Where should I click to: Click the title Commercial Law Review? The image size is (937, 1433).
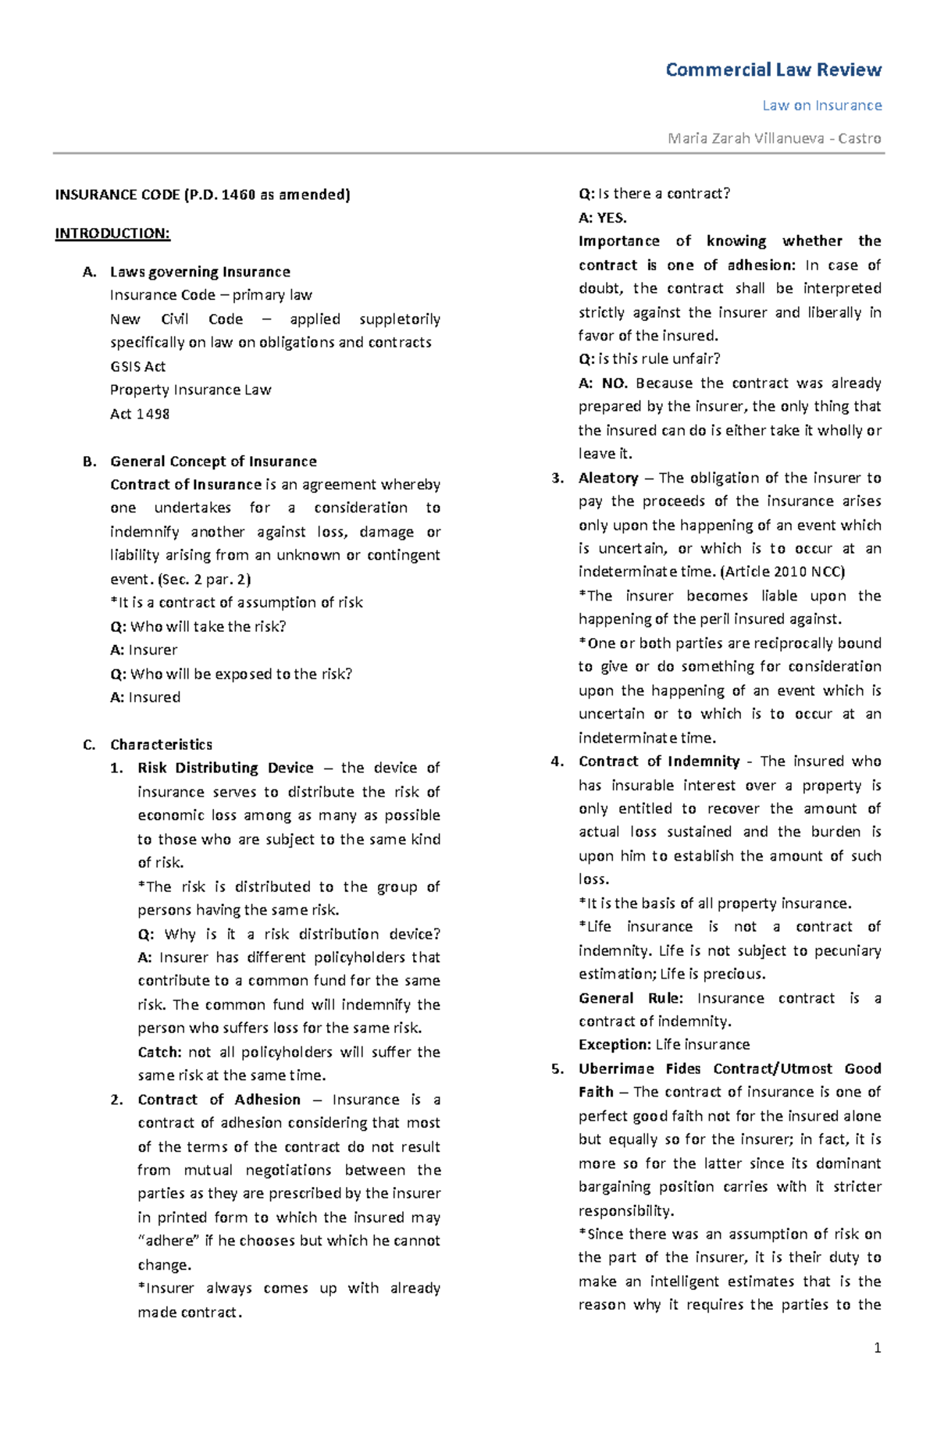773,70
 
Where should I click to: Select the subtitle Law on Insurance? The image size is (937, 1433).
821,105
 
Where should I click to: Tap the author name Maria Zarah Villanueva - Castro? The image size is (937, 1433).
774,138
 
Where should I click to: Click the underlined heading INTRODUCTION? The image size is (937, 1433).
112,233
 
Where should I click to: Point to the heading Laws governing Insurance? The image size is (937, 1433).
200,272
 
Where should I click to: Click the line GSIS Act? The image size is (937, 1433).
137,366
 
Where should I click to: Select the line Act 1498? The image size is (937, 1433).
140,414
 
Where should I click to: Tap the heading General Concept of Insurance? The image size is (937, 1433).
213,462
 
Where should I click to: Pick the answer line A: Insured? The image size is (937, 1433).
145,697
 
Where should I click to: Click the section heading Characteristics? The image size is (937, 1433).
161,744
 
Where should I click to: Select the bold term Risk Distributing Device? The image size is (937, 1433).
225,768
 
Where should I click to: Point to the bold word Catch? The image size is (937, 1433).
159,1052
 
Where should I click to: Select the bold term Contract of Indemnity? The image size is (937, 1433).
659,761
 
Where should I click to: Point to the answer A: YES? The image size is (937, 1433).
602,218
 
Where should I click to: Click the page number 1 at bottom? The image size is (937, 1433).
878,1348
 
